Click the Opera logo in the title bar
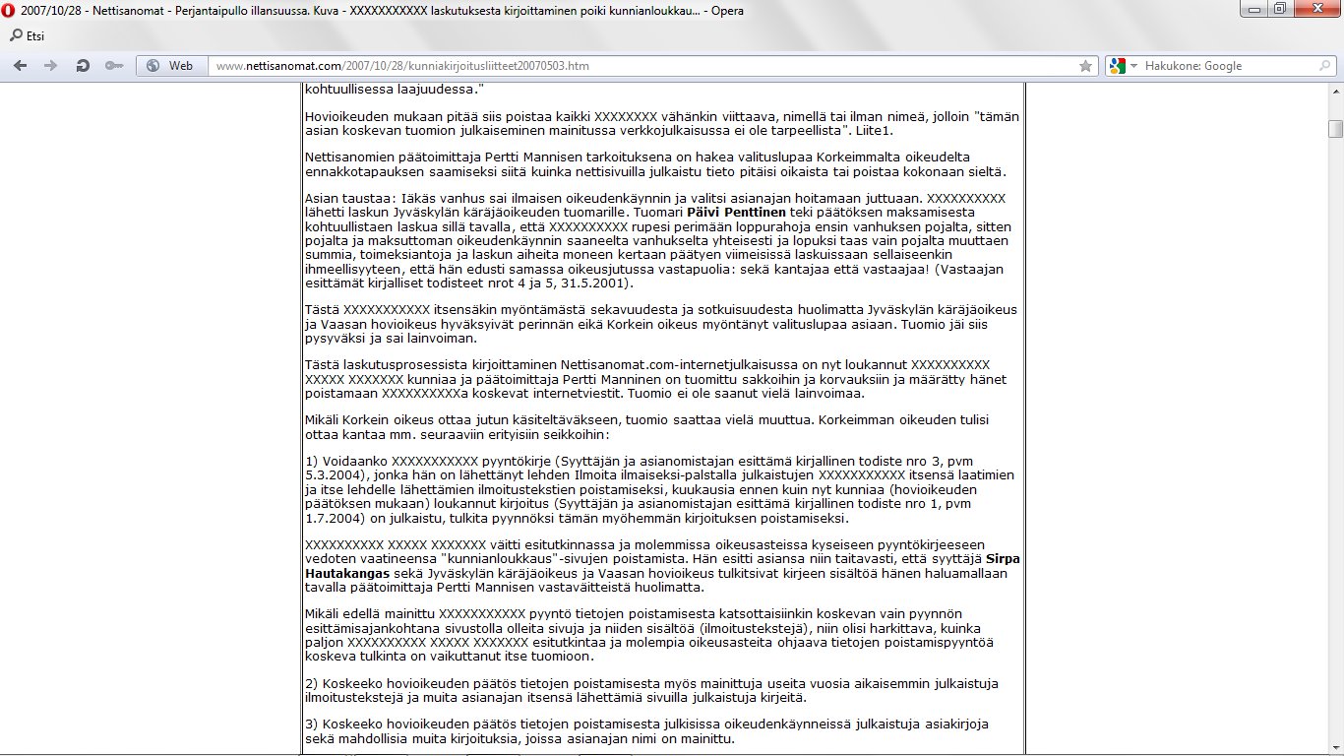10,11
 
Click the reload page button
83,66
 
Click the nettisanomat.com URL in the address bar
402,66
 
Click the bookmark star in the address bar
1086,66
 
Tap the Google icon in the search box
1116,66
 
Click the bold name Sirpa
1003,559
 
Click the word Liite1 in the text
875,130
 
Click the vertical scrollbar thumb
1335,129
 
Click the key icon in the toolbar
115,66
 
